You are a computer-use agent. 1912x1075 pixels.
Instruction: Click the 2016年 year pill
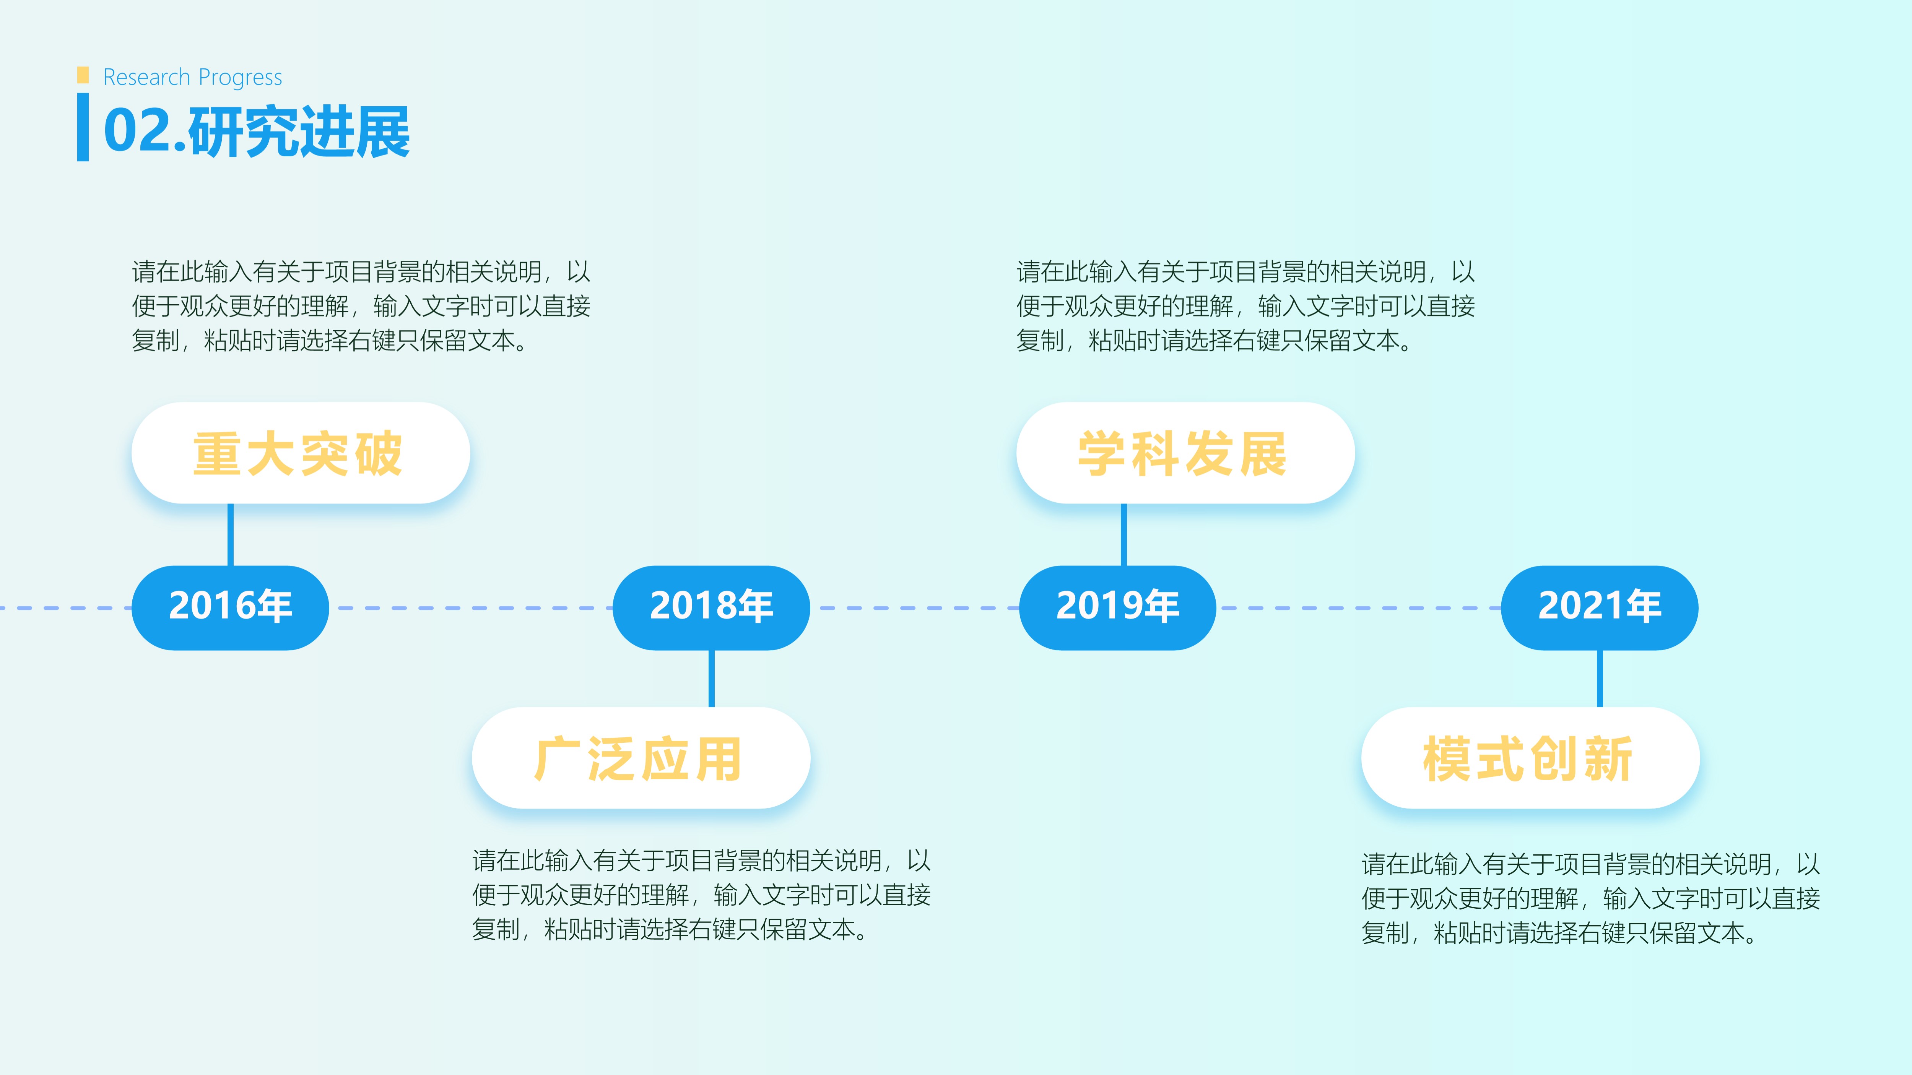coord(230,607)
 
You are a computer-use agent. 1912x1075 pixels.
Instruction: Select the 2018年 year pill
coord(711,607)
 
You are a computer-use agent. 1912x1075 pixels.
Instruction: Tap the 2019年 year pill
coord(1118,607)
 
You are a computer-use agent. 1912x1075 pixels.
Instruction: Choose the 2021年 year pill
coord(1600,607)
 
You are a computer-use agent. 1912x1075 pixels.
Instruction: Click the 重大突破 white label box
coord(301,453)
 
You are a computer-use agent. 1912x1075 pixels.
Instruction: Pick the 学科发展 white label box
coord(1185,453)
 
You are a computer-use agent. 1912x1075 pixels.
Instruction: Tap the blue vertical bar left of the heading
coord(83,127)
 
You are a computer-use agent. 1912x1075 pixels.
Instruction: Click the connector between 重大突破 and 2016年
coord(230,535)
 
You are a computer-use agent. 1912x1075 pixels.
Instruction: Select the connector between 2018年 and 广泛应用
coord(711,679)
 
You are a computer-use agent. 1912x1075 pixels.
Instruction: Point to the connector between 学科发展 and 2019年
coord(1124,535)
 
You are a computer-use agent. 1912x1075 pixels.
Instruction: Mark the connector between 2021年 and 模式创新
coord(1600,679)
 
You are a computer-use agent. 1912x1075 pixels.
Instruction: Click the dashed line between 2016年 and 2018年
coord(471,607)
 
